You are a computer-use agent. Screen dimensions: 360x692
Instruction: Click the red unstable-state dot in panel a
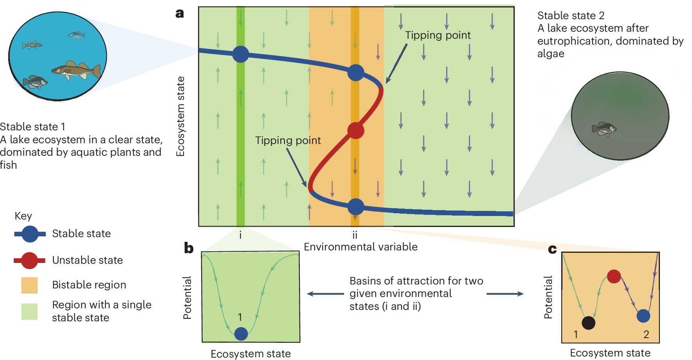355,130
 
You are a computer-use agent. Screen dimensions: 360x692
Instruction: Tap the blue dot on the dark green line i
240,54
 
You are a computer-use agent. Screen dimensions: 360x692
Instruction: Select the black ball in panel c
588,323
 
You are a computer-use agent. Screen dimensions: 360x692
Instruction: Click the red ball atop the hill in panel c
614,276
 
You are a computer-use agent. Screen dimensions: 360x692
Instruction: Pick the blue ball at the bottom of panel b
241,334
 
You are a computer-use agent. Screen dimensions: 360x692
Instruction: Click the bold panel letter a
180,14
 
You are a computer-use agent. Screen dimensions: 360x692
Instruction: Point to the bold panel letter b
189,248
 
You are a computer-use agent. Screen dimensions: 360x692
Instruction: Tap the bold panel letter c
552,249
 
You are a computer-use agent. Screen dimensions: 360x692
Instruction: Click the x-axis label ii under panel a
355,235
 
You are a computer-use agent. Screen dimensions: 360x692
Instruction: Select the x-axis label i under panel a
240,235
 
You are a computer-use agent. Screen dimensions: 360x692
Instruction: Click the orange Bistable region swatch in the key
29,285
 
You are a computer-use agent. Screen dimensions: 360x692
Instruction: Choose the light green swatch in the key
29,311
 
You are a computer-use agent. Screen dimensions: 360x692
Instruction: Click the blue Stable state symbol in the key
30,234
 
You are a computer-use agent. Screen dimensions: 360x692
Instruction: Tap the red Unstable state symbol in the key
29,261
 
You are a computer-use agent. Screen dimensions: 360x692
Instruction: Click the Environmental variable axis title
360,247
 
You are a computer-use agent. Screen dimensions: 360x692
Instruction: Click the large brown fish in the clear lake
76,70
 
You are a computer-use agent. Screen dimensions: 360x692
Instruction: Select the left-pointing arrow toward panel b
325,294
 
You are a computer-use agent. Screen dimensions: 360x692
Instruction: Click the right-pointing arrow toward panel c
505,294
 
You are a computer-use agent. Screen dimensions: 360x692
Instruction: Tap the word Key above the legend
23,216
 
